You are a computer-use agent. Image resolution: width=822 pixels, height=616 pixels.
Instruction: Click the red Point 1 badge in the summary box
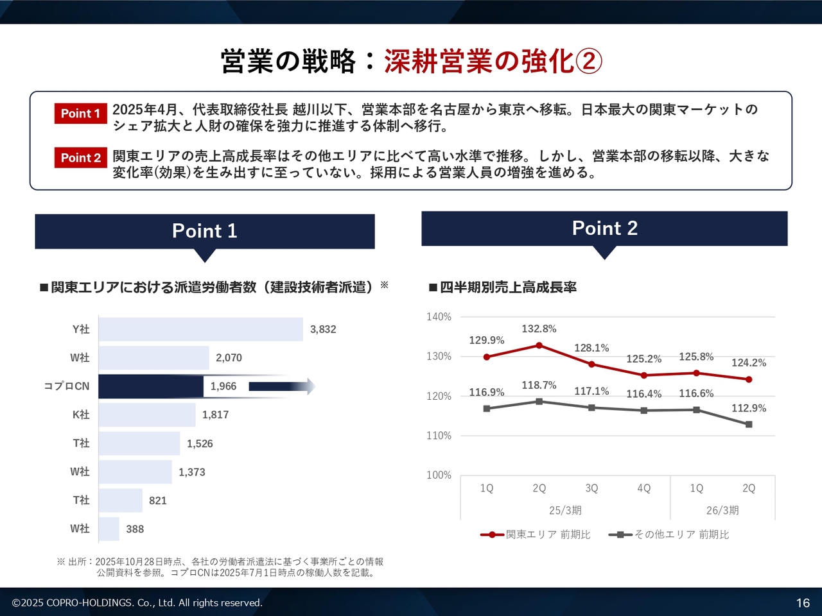[x=80, y=114]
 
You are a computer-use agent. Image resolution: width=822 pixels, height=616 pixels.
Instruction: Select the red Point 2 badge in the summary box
[x=80, y=158]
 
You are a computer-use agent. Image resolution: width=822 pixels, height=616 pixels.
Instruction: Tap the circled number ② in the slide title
[x=589, y=62]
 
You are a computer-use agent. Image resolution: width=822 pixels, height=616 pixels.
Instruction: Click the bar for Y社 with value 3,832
[x=200, y=329]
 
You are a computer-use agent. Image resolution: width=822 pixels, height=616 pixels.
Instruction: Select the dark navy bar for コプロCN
[x=151, y=386]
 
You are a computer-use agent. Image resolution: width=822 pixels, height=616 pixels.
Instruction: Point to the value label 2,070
[x=229, y=358]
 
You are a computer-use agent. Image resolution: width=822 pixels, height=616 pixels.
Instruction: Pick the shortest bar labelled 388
[x=109, y=529]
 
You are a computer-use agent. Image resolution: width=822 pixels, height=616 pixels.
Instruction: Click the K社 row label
[x=81, y=415]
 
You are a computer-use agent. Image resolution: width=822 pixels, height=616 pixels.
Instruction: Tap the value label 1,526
[x=200, y=443]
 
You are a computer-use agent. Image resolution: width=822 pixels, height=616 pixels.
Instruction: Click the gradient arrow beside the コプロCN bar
[x=281, y=386]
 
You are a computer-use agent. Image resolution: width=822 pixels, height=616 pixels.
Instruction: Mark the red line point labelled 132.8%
[x=539, y=345]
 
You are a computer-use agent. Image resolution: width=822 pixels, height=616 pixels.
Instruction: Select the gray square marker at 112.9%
[x=749, y=424]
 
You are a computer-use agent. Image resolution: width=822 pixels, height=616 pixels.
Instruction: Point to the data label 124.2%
[x=749, y=363]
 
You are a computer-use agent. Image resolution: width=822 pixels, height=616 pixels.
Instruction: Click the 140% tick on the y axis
[x=439, y=317]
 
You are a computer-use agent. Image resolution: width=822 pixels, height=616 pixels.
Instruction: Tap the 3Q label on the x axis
[x=591, y=488]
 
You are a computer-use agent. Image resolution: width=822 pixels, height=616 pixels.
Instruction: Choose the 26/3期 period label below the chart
[x=722, y=510]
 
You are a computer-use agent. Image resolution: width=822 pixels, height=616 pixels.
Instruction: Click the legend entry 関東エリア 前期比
[x=536, y=535]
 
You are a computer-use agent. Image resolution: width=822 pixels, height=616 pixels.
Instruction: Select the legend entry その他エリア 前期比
[x=669, y=535]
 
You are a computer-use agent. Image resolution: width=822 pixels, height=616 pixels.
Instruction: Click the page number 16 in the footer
[x=803, y=603]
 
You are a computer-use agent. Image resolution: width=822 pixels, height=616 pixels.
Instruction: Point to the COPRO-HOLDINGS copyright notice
[x=137, y=603]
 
